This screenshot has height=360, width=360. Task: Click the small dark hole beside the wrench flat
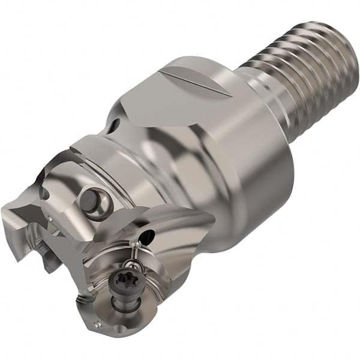coord(113,127)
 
